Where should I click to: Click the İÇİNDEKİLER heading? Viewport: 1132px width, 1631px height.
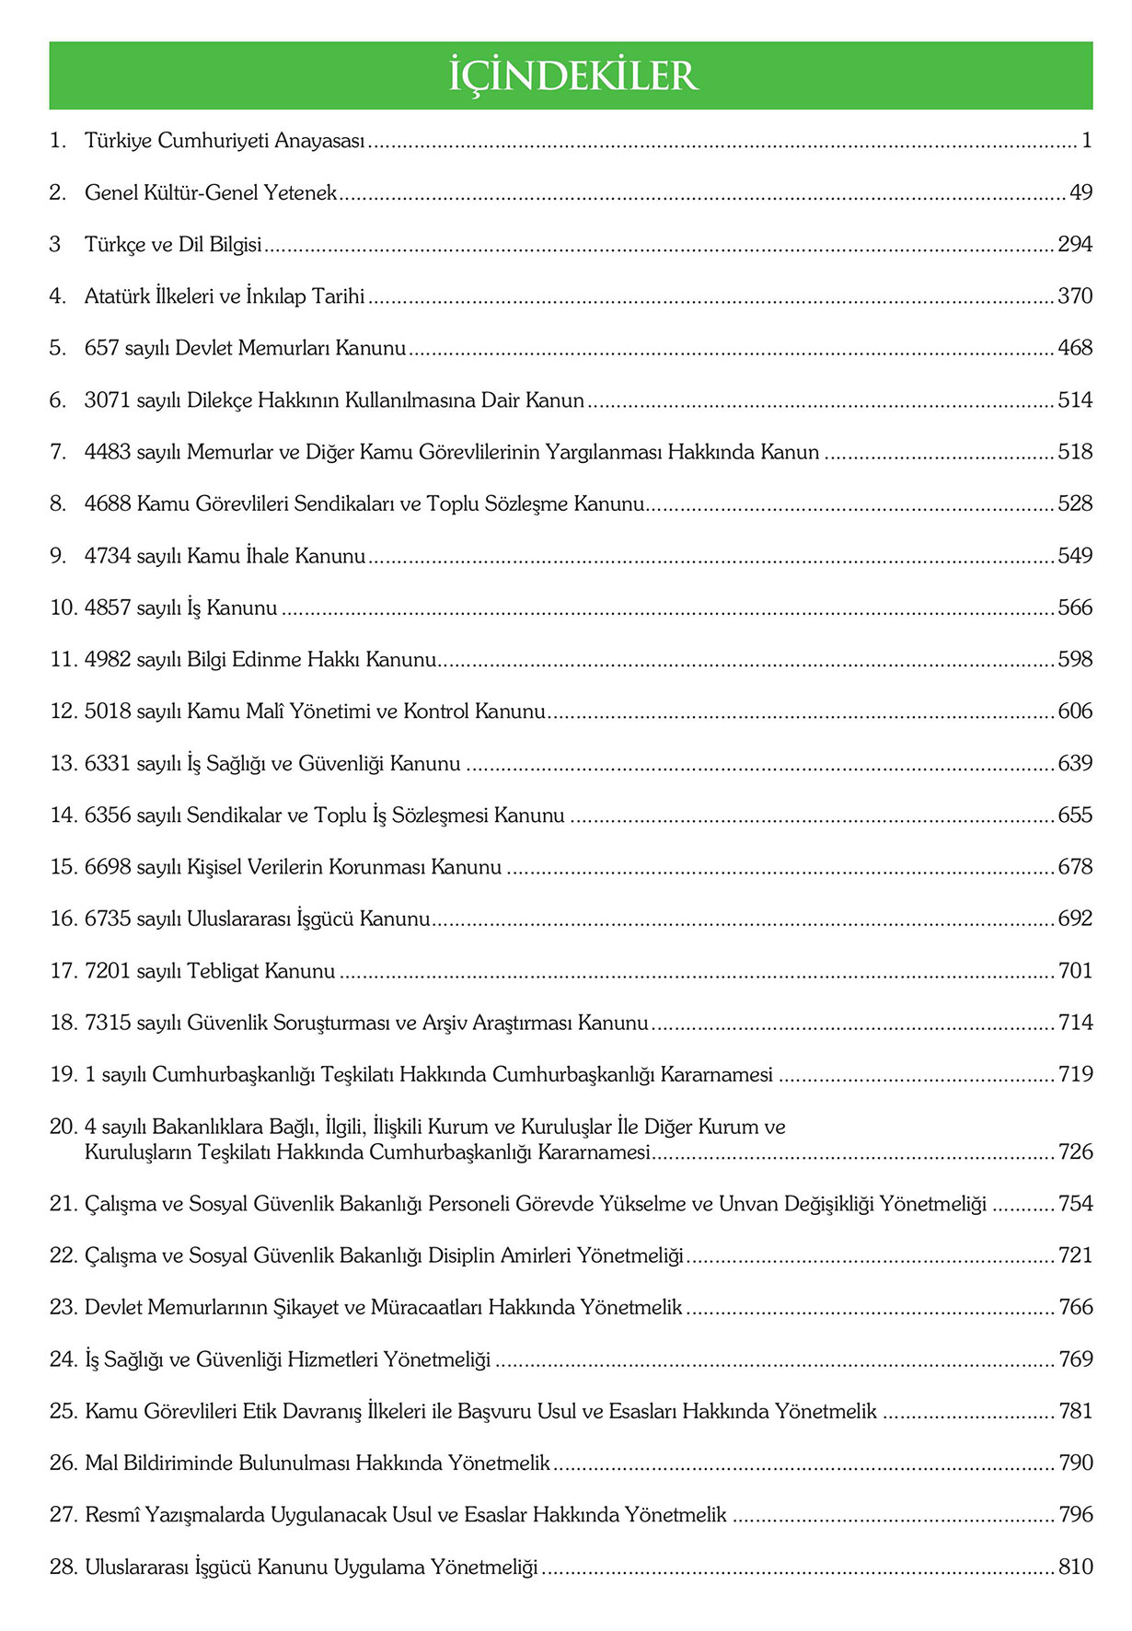tap(572, 75)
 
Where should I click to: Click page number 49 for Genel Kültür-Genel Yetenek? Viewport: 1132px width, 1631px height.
tap(1080, 193)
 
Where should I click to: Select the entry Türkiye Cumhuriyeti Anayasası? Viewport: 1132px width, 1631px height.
tap(225, 141)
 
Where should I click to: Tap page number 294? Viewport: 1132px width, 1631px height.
tap(1075, 245)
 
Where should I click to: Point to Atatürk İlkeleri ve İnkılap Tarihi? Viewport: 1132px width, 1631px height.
tap(225, 296)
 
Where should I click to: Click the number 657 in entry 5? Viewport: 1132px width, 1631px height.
tap(102, 349)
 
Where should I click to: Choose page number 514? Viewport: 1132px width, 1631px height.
tap(1075, 400)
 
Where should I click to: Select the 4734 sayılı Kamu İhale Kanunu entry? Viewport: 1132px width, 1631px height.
tap(225, 556)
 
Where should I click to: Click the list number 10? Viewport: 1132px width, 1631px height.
tap(63, 608)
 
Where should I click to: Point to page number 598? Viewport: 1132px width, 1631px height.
tap(1075, 660)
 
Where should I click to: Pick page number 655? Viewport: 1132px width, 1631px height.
tap(1075, 815)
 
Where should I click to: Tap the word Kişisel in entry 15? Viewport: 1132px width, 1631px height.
tap(214, 867)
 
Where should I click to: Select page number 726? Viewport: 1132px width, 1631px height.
tap(1075, 1152)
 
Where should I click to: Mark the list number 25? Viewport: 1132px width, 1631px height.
tap(63, 1411)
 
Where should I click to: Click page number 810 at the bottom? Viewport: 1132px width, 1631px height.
tap(1075, 1567)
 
